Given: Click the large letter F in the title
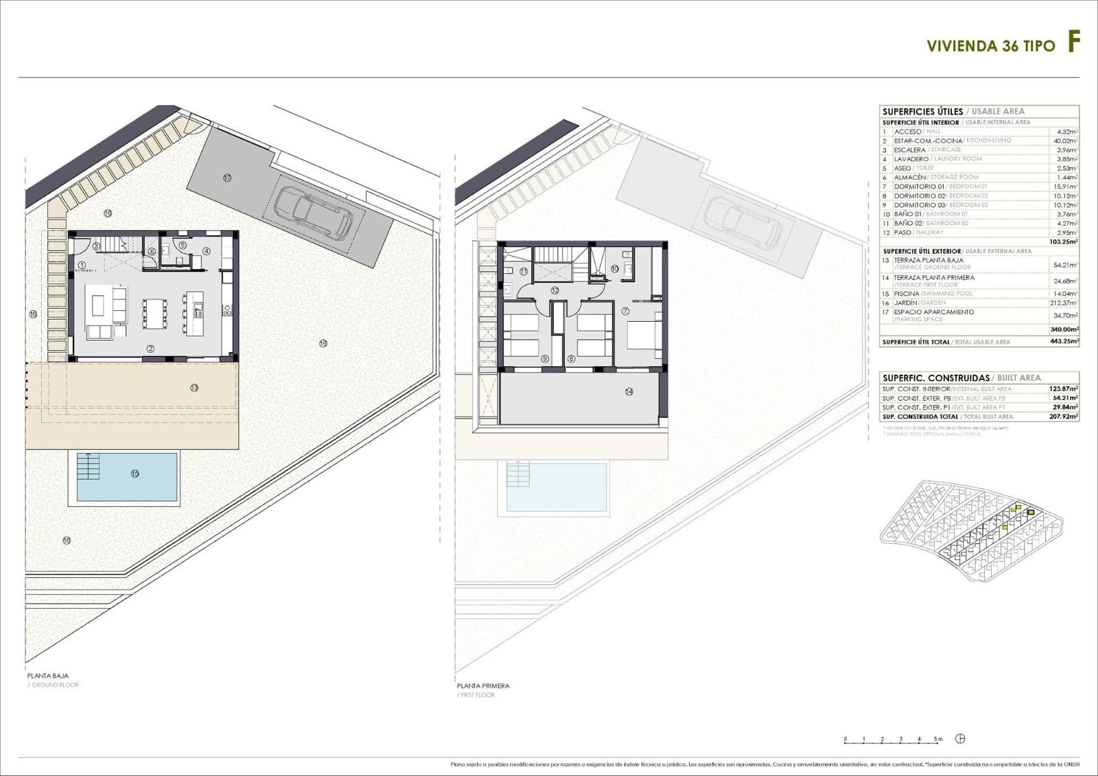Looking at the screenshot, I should pos(1073,43).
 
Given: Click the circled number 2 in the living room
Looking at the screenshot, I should pos(150,349).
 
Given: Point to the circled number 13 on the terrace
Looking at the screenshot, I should pos(194,388).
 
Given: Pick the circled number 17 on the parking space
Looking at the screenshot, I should pos(227,178).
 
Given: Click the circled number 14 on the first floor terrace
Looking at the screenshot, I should pos(629,392).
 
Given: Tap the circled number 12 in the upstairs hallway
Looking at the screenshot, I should pos(554,290).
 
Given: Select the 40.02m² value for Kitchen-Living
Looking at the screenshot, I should pos(1065,141).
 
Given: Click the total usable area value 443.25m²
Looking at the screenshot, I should pos(1064,342).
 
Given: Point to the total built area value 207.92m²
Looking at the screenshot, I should pos(1064,416).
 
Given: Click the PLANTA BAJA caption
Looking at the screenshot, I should pos(48,676).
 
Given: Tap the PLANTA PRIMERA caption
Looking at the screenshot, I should pos(483,685).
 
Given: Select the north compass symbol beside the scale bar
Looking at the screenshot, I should pos(960,739).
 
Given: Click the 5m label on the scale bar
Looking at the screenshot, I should pos(938,739).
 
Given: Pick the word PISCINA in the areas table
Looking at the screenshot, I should pos(906,294).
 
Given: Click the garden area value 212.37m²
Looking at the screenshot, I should pos(1065,303).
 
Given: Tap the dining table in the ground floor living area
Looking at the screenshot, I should pos(154,314).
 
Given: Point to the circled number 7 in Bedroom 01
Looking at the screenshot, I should pos(625,311).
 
